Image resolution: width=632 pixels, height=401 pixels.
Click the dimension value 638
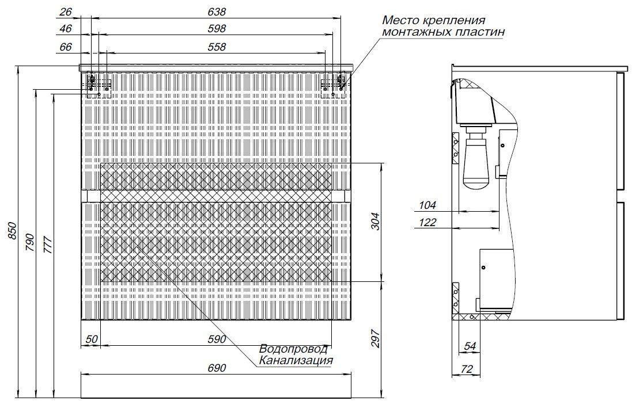217,12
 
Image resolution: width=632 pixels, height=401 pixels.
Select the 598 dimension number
217,29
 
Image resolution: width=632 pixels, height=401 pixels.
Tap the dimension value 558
217,47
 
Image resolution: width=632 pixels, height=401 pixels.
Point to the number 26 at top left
65,12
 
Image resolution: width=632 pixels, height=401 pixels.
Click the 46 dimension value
65,29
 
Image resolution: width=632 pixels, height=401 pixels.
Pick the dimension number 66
65,47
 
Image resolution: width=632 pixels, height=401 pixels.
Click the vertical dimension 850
12,231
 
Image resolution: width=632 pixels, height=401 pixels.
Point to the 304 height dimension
375,221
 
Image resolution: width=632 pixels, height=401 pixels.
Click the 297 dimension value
375,338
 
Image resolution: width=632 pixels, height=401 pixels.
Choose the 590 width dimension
217,339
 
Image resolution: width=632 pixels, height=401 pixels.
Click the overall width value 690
217,368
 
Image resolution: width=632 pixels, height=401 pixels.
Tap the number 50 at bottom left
92,339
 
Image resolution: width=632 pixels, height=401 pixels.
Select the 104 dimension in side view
427,205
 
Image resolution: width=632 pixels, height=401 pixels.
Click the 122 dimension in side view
427,222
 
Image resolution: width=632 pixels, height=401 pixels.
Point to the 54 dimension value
470,346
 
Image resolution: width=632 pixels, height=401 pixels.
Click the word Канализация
296,360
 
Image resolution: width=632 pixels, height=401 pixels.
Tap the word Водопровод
293,349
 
